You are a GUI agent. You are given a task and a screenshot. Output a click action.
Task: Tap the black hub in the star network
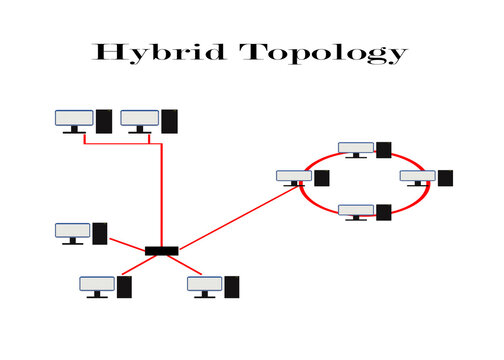(x=160, y=249)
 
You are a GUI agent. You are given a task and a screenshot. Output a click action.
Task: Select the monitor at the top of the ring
(x=355, y=149)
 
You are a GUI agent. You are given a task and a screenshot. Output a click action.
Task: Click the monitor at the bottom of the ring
(x=355, y=210)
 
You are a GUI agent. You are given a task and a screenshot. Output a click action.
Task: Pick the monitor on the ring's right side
(x=417, y=177)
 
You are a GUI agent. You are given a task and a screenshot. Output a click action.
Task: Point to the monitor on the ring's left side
(x=294, y=177)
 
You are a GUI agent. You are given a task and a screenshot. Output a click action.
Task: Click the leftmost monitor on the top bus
(x=74, y=119)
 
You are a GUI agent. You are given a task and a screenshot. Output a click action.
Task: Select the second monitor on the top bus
(x=139, y=119)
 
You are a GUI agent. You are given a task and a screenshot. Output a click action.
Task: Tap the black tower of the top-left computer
(x=104, y=121)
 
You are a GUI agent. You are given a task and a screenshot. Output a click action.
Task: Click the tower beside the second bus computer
(x=170, y=121)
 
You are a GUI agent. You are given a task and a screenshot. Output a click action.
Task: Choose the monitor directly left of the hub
(x=73, y=232)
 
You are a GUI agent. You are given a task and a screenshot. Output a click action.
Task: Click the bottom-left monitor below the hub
(x=97, y=285)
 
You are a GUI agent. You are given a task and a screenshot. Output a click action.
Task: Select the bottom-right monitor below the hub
(x=204, y=285)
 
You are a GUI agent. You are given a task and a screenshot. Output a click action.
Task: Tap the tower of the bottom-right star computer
(x=232, y=287)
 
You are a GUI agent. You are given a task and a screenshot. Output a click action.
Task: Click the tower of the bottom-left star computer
(x=125, y=287)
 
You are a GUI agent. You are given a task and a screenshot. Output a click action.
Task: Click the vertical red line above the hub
(x=161, y=195)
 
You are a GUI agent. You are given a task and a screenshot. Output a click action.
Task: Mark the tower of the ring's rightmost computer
(x=445, y=178)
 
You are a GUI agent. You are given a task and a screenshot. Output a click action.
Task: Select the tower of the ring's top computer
(x=383, y=150)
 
